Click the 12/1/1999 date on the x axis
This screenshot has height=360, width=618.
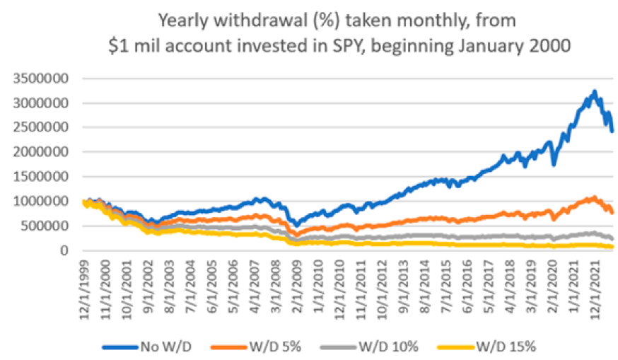[x=83, y=281]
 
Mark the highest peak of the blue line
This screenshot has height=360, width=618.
[x=595, y=91]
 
